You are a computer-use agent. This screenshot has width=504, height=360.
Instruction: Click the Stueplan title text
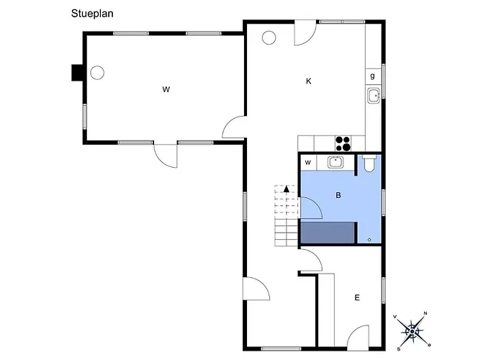point(92,14)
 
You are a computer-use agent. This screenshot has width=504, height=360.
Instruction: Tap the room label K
point(309,81)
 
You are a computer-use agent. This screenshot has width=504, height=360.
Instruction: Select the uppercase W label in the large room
point(166,89)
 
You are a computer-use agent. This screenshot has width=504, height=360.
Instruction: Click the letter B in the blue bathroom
point(338,195)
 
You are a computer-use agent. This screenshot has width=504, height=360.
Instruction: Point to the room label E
point(357,297)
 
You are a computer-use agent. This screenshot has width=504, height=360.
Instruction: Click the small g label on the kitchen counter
point(372,76)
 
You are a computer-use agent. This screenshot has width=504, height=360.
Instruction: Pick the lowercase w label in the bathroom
point(308,162)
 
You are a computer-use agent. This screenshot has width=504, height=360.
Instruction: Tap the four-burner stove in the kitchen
point(343,144)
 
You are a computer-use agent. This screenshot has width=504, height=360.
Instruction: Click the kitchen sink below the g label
point(374,96)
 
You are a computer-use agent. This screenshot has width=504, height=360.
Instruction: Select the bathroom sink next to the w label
point(336,162)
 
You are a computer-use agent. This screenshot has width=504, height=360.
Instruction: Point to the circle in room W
point(97,73)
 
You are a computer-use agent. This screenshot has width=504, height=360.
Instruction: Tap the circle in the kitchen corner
point(269,37)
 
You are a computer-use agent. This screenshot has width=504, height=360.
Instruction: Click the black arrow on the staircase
point(287,189)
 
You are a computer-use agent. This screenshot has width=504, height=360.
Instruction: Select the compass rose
point(412,331)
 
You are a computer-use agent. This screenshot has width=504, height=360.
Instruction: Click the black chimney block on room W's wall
point(77,73)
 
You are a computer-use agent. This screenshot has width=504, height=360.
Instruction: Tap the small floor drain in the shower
point(369,240)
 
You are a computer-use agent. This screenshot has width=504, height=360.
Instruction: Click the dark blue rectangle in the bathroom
point(328,233)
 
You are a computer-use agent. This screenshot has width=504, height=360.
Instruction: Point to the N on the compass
point(426,313)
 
